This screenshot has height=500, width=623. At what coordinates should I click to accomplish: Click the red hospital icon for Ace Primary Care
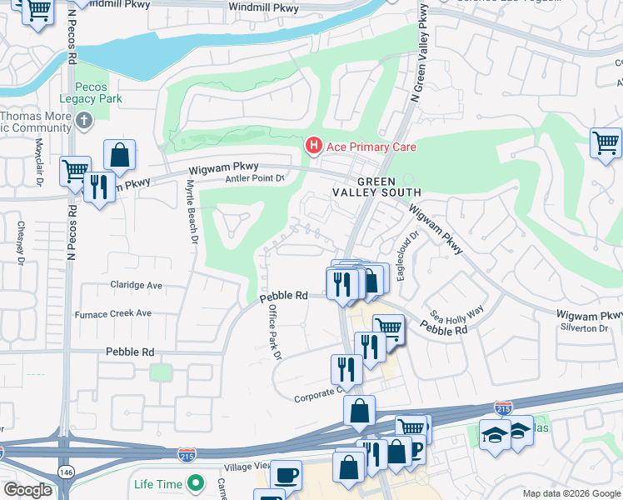(x=313, y=147)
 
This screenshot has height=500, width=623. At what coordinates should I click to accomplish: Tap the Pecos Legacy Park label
(x=98, y=92)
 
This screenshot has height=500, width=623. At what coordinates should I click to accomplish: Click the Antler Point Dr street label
(x=256, y=177)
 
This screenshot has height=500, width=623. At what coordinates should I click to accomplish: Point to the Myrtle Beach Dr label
(x=191, y=212)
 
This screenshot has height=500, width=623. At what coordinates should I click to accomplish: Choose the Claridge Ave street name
(x=136, y=285)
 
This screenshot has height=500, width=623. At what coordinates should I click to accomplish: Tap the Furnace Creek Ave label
(x=113, y=313)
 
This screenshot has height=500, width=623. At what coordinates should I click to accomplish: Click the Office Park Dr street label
(x=272, y=332)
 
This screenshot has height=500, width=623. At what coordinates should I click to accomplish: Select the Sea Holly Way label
(x=456, y=315)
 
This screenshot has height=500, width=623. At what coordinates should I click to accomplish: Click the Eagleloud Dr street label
(x=406, y=256)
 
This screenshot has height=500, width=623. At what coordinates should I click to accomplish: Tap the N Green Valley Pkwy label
(x=418, y=54)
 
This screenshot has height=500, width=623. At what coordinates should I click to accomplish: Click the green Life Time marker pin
(x=196, y=482)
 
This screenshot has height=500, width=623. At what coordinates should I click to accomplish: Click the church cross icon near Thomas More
(x=83, y=122)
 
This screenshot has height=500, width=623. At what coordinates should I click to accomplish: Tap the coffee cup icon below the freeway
(x=286, y=473)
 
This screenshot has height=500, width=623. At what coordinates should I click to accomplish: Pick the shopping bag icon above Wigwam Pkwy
(x=120, y=154)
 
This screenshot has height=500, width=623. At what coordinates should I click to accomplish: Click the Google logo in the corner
(x=28, y=490)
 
